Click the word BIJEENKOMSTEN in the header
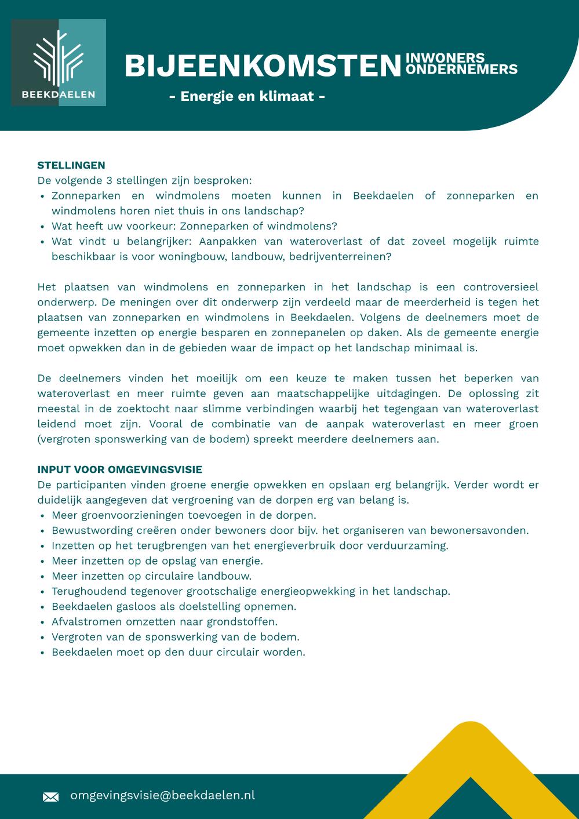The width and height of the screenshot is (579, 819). pyautogui.click(x=263, y=66)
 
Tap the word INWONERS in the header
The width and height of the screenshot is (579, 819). pyautogui.click(x=445, y=58)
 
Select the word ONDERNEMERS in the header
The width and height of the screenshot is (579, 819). pyautogui.click(x=461, y=70)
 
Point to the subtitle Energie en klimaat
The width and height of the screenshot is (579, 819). pyautogui.click(x=247, y=96)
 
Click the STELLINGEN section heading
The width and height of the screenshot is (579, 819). pyautogui.click(x=71, y=165)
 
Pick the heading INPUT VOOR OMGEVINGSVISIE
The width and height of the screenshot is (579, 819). pyautogui.click(x=120, y=469)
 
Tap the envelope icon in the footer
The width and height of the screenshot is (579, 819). pyautogui.click(x=50, y=797)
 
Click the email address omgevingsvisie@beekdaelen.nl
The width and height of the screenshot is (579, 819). pyautogui.click(x=162, y=795)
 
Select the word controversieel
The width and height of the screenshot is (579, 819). pyautogui.click(x=501, y=287)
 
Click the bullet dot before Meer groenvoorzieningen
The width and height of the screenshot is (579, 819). pyautogui.click(x=43, y=516)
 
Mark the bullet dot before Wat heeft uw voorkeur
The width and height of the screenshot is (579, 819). pyautogui.click(x=43, y=227)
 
